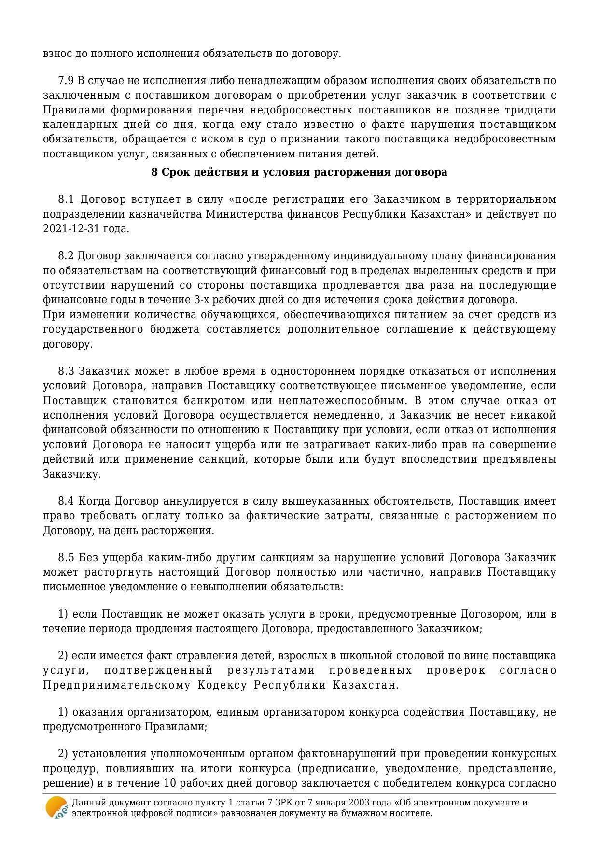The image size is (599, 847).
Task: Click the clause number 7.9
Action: [66, 81]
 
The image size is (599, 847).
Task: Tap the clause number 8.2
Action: [66, 256]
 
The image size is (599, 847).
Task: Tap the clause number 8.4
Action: [66, 501]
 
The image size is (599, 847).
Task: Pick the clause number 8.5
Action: [66, 558]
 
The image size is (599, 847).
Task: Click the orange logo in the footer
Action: [56, 807]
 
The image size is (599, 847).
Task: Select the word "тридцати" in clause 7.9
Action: [530, 110]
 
